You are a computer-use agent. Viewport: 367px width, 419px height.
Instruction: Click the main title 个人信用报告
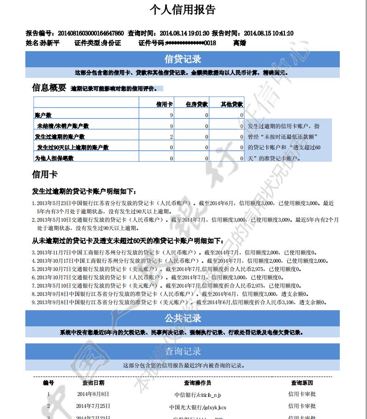(183, 10)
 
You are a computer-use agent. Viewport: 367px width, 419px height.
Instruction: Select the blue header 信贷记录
(183, 59)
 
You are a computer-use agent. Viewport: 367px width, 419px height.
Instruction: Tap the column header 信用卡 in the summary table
(165, 104)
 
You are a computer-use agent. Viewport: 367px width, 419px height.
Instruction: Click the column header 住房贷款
(197, 104)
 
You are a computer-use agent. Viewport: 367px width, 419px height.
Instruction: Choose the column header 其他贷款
(231, 104)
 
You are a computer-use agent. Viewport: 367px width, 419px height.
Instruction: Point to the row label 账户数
(43, 115)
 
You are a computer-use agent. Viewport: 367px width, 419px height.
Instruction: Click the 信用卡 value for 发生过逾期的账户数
(171, 137)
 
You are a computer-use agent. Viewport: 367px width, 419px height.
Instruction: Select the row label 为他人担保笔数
(54, 158)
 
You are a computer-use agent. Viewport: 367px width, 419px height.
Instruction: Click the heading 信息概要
(49, 88)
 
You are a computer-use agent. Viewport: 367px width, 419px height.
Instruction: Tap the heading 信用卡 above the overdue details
(44, 175)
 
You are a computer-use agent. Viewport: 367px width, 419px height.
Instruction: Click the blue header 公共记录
(183, 319)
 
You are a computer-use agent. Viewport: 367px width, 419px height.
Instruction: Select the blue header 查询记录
(183, 351)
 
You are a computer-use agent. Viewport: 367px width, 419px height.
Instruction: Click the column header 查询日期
(93, 383)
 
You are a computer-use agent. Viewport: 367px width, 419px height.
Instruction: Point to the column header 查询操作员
(197, 383)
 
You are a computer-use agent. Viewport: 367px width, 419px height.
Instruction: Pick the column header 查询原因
(302, 383)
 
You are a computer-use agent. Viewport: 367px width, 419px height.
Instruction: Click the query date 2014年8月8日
(93, 394)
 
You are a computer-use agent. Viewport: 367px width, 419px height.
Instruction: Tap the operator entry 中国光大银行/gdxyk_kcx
(197, 407)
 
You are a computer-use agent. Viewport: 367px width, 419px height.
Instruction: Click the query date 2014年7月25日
(93, 406)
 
